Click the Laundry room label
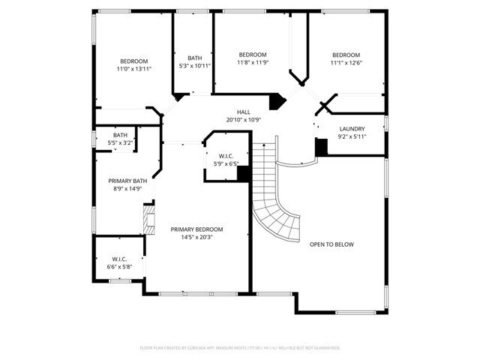(x=352, y=129)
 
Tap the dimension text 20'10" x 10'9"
(x=244, y=120)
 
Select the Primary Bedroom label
(x=196, y=229)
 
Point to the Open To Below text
(x=331, y=244)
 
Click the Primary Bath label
(x=127, y=181)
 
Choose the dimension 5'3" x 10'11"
(x=195, y=66)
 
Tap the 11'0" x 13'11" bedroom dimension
(x=134, y=69)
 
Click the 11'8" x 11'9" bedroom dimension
(x=253, y=62)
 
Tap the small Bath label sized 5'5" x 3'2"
(x=121, y=135)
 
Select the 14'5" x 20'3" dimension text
(x=196, y=238)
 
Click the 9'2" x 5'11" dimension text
(x=352, y=136)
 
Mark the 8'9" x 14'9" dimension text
(x=127, y=189)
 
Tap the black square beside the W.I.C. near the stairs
(x=243, y=173)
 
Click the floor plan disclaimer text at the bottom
(x=240, y=348)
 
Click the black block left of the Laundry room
(x=321, y=148)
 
